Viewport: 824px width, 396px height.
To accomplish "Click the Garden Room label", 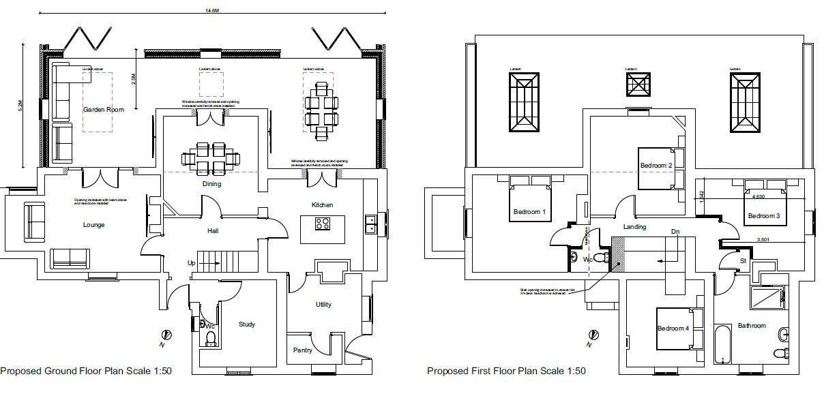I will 104,109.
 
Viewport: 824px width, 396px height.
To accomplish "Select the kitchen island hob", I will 323,223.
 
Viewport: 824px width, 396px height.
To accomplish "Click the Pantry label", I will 303,350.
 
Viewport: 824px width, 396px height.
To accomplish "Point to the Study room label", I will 247,324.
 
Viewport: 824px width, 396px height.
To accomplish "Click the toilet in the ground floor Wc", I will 211,339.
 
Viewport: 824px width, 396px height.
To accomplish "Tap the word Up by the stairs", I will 192,262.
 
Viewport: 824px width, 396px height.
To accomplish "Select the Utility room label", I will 323,304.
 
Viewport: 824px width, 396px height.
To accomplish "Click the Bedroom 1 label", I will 529,212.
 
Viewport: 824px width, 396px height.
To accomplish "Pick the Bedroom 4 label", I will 673,329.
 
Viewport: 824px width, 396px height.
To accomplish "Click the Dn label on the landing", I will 675,232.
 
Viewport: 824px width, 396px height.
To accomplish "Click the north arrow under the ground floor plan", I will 166,336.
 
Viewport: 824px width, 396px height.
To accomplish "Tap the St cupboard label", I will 743,260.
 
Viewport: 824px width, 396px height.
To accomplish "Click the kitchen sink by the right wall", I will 370,224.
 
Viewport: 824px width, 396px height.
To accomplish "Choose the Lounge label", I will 93,225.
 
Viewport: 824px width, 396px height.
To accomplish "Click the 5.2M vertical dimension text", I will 20,106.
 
